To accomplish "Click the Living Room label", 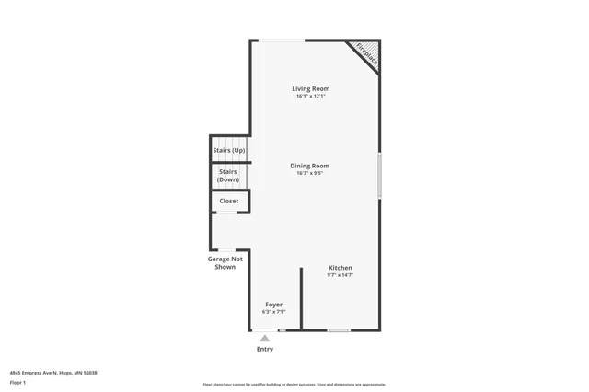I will coord(311,88).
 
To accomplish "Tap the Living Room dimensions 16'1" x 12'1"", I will coord(311,96).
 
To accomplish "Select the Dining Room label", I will coord(310,166).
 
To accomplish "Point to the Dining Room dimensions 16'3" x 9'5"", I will coord(310,173).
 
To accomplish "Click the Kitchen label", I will coord(341,268).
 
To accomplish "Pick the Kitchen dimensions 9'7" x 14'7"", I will coord(341,275).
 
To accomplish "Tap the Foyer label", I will coord(274,304).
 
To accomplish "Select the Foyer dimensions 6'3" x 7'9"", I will coord(274,311).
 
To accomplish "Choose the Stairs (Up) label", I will coord(229,149).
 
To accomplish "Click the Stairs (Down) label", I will coord(228,175).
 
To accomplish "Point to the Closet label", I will coord(229,201).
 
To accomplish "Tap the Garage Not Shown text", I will coord(225,263).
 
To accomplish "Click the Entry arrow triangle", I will coord(265,339).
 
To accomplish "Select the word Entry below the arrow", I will coord(265,350).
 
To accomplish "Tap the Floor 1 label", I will coord(17,382).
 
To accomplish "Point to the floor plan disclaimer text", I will coord(294,385).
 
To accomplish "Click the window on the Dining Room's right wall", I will coord(379,175).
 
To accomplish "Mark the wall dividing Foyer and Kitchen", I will coord(301,299).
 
